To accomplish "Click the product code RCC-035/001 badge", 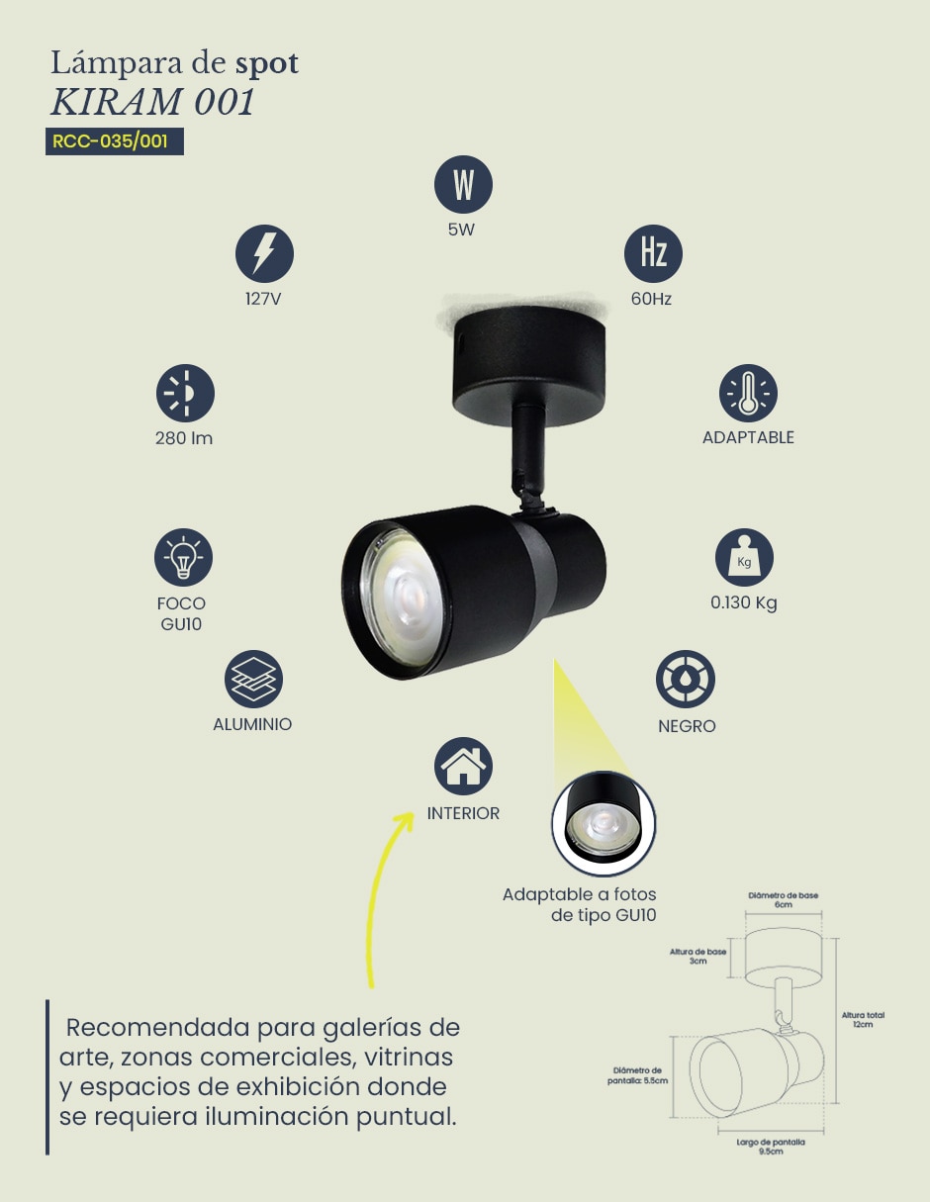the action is tap(115, 141).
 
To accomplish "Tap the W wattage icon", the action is tap(463, 184).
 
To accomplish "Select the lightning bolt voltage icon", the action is tap(264, 254).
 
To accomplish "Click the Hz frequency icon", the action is tap(653, 254).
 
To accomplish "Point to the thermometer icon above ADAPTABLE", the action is tap(748, 393).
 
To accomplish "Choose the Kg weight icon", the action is tap(744, 557).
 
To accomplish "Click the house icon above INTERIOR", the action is tap(463, 766).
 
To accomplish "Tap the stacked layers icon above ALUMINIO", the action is tap(253, 679).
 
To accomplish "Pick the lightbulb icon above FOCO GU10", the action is tap(183, 557).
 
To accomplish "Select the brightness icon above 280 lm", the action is tap(185, 393).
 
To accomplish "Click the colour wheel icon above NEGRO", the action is tap(685, 679).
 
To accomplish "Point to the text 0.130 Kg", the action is tap(744, 602).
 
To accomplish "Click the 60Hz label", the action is tap(651, 299).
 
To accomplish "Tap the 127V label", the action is tap(263, 299).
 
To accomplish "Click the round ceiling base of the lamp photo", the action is tap(528, 365).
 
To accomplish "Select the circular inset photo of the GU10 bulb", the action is tap(604, 824).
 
